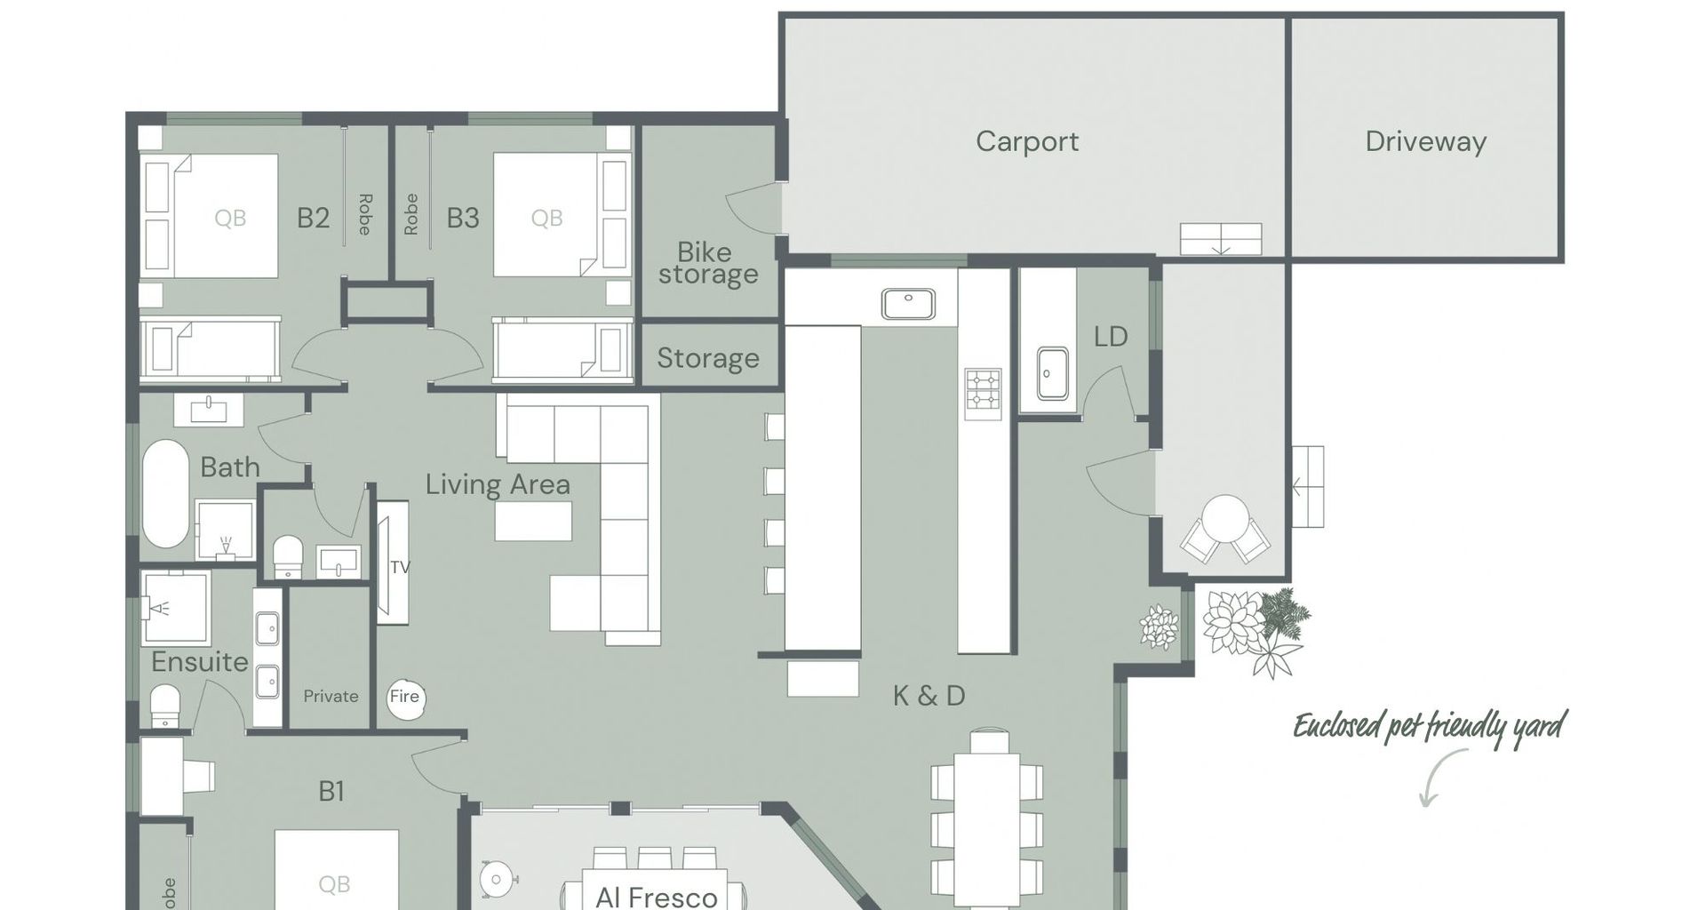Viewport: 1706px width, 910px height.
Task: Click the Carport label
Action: [x=1027, y=141]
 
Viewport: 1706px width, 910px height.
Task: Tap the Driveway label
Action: [x=1425, y=141]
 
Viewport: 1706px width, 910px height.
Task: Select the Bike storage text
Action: [x=708, y=263]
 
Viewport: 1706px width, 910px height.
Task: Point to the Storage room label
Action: [x=708, y=358]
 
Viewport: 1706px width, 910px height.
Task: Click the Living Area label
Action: [x=498, y=484]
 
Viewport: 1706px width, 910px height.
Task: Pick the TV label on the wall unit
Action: [x=400, y=567]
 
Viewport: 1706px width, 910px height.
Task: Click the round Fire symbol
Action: [x=405, y=697]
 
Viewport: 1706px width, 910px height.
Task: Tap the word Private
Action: [x=331, y=697]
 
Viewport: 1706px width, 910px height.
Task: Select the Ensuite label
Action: [x=200, y=662]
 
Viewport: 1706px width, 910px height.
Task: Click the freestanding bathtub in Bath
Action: [x=165, y=494]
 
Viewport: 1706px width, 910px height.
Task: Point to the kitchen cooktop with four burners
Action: [x=983, y=394]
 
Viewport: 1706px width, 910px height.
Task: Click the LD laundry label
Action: [x=1111, y=337]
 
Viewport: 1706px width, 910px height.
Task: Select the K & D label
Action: [x=929, y=696]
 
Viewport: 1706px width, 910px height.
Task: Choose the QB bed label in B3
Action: [x=546, y=219]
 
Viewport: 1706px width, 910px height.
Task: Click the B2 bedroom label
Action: [x=313, y=218]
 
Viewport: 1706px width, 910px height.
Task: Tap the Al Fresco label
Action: [x=657, y=897]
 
